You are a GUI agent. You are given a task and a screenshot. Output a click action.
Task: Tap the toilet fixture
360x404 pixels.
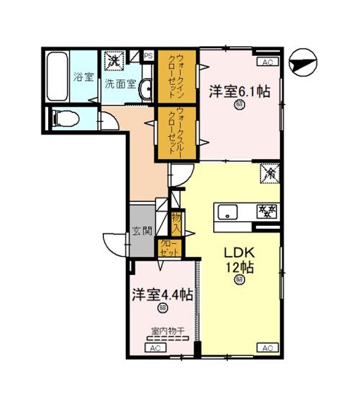[65, 118]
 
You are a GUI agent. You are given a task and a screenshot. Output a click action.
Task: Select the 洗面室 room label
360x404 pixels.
[120, 83]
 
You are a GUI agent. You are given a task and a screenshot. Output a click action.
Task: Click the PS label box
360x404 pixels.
[148, 55]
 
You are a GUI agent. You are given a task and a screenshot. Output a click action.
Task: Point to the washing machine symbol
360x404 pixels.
[114, 61]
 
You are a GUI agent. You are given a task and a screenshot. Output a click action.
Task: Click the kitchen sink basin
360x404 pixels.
[228, 210]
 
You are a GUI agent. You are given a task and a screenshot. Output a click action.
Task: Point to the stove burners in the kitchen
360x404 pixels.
[266, 210]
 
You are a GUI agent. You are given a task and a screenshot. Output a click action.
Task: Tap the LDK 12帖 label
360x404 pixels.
[239, 258]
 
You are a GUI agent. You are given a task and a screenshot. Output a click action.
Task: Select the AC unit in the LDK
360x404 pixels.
[268, 348]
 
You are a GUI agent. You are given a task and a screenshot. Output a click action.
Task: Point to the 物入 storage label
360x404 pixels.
[175, 222]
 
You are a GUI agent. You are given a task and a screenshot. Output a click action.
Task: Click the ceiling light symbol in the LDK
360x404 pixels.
[239, 280]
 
